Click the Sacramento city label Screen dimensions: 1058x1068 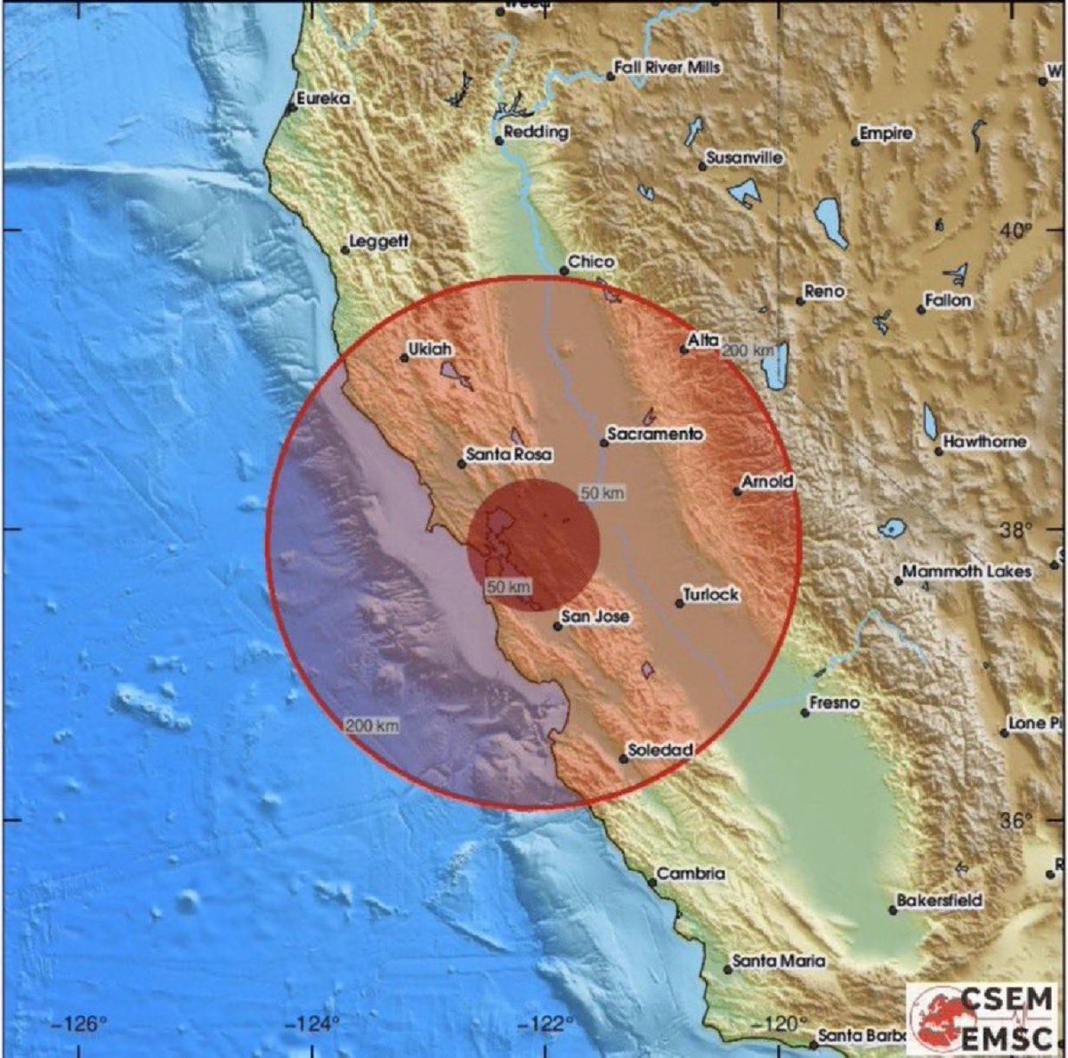655,435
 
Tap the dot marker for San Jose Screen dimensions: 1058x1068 558,626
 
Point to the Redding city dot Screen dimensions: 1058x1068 499,140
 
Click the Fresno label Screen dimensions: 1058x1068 835,704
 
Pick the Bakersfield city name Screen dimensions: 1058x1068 939,901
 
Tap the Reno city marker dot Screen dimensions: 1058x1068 800,301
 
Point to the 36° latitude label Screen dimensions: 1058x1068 1015,821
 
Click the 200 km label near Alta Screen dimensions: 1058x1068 748,351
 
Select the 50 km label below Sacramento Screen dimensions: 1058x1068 603,493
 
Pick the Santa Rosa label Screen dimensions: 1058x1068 509,455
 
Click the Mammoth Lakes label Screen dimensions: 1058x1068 967,572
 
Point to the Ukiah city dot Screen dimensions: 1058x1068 404,358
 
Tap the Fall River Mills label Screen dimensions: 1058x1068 667,68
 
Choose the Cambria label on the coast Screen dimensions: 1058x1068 692,875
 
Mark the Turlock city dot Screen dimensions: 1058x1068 679,603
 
